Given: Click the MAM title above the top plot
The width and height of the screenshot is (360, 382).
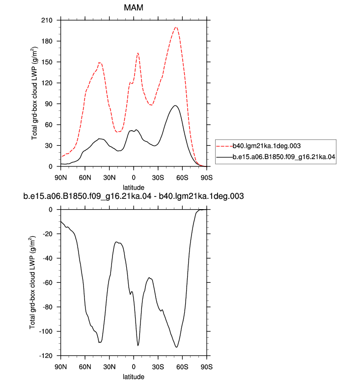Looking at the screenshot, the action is pyautogui.click(x=134, y=7).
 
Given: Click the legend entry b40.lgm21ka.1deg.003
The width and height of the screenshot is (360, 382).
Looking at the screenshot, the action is pyautogui.click(x=267, y=146).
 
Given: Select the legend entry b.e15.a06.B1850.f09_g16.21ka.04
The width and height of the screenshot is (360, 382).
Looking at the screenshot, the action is pyautogui.click(x=284, y=157).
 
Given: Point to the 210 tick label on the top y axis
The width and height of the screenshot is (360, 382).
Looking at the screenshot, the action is pyautogui.click(x=47, y=20).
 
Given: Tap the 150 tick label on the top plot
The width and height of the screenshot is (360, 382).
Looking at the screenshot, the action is pyautogui.click(x=47, y=62).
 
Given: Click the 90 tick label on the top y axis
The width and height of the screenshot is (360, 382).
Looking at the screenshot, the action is pyautogui.click(x=49, y=104).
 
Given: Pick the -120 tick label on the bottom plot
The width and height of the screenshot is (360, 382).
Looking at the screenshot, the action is pyautogui.click(x=46, y=355).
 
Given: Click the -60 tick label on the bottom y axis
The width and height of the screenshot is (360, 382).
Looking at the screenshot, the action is pyautogui.click(x=48, y=283).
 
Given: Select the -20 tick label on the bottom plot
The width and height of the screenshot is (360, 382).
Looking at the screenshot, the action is pyautogui.click(x=48, y=234).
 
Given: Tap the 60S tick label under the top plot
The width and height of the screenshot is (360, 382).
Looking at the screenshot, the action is pyautogui.click(x=182, y=178).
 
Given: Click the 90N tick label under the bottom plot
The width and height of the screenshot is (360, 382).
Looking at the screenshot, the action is pyautogui.click(x=61, y=367).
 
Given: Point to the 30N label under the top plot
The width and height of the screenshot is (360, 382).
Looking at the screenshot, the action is pyautogui.click(x=110, y=178).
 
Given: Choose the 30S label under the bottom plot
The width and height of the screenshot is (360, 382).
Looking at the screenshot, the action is pyautogui.click(x=158, y=367).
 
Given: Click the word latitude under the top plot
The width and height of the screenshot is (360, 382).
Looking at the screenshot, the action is pyautogui.click(x=134, y=188).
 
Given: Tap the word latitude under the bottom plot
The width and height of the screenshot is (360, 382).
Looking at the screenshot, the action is pyautogui.click(x=134, y=377).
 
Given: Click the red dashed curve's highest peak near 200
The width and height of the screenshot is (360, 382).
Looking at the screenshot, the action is pyautogui.click(x=176, y=27).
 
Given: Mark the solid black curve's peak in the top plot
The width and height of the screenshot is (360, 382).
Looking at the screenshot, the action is pyautogui.click(x=175, y=106).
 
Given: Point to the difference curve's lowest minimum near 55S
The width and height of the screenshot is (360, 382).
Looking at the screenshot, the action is pyautogui.click(x=176, y=347).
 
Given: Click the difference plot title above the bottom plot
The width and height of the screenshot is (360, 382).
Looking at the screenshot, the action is pyautogui.click(x=134, y=196).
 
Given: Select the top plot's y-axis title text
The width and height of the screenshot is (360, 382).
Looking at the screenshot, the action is pyautogui.click(x=34, y=93).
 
